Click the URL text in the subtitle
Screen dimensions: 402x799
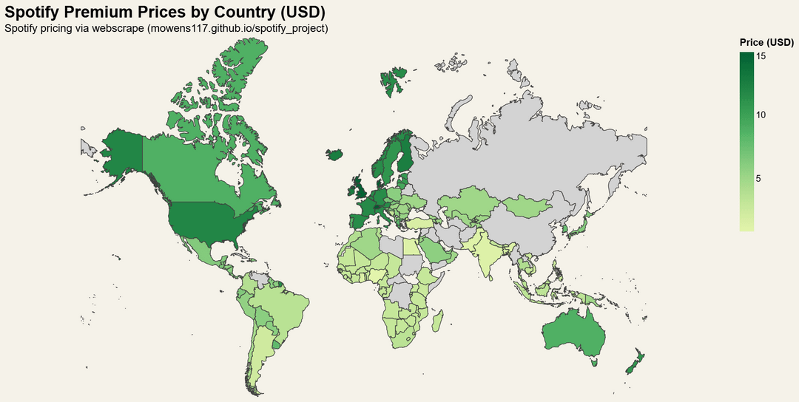[x=237, y=28]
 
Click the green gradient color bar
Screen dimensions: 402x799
[x=746, y=140]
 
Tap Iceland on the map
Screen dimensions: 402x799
[x=334, y=154]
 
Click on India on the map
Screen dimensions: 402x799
[x=488, y=259]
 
